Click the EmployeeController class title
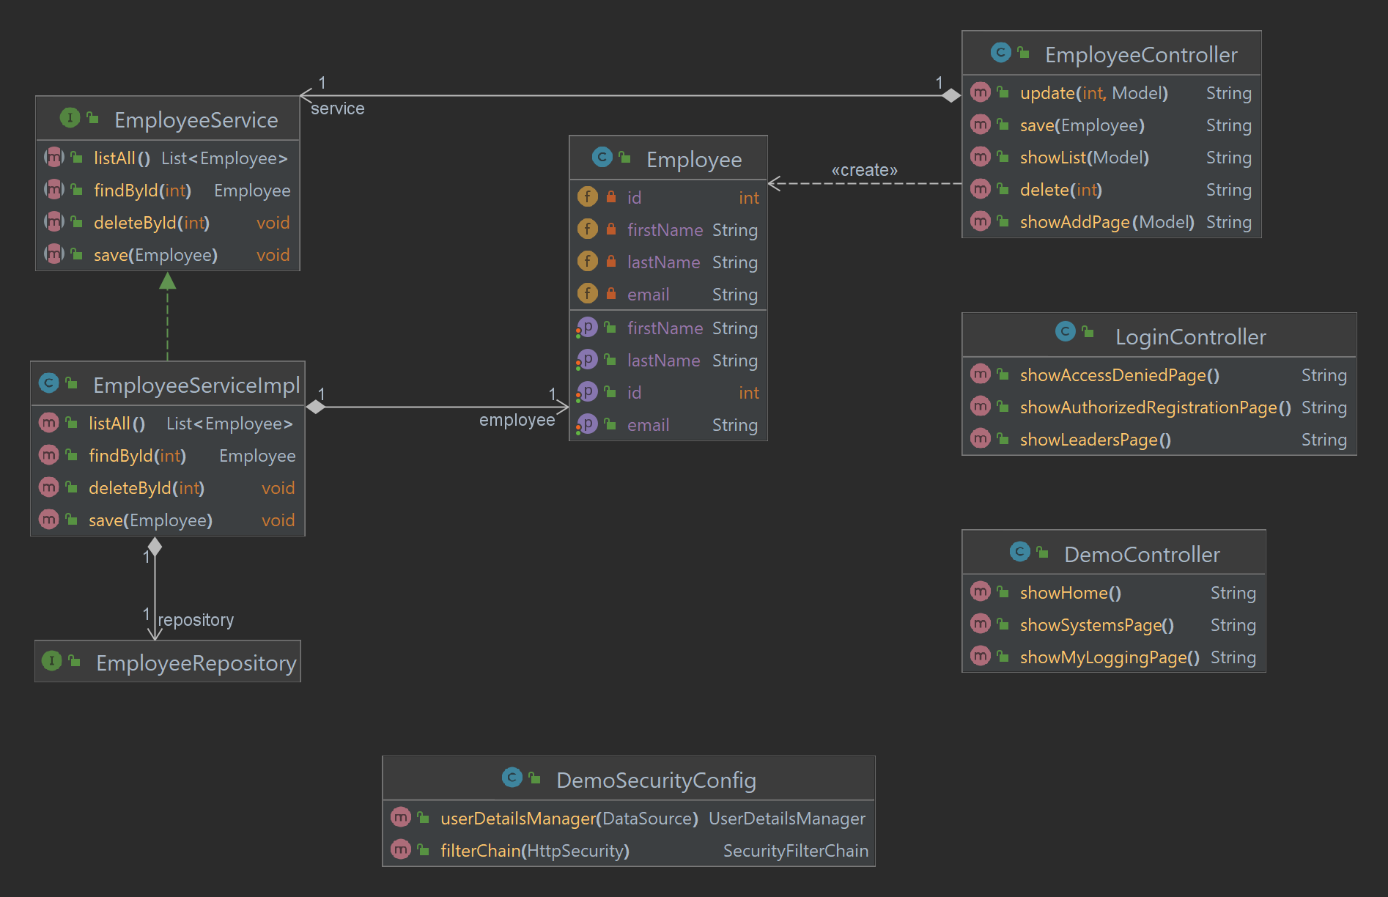click(x=1140, y=55)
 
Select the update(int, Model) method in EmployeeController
click(x=1093, y=93)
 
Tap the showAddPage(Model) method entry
click(x=1107, y=222)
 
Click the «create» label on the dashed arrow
click(x=864, y=170)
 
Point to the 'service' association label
click(x=337, y=108)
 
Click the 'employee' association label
click(x=517, y=420)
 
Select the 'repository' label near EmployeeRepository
click(x=196, y=620)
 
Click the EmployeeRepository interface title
click(x=196, y=663)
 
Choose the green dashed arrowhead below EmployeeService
click(x=168, y=281)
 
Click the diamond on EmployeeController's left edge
click(x=950, y=95)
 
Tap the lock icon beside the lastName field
click(x=611, y=262)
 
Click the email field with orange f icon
click(x=648, y=295)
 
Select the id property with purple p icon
click(x=634, y=393)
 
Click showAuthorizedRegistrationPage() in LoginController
click(x=1155, y=407)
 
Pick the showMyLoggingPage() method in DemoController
click(x=1109, y=657)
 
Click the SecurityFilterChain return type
click(x=795, y=851)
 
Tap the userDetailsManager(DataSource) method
click(x=569, y=819)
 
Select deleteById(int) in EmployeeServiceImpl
click(x=146, y=488)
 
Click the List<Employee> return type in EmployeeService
click(x=224, y=158)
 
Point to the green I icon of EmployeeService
click(x=70, y=117)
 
